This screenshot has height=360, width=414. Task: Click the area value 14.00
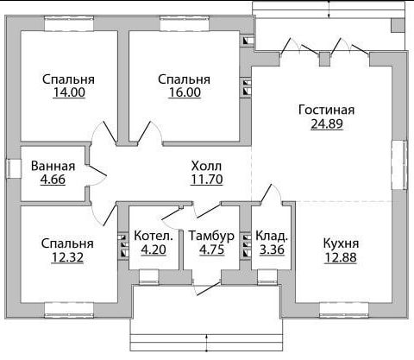69,92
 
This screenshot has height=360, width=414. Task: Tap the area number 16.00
185,92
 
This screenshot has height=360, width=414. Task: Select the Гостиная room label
327,110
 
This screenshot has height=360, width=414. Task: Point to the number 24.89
327,123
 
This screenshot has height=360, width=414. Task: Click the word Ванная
53,166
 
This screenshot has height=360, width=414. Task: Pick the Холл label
206,166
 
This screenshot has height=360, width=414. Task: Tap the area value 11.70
207,180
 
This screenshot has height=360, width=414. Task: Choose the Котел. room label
154,236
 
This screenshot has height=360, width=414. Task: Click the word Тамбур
211,236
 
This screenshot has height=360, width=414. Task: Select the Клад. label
272,236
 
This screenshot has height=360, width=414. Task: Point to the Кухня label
341,243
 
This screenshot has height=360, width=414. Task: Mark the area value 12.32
67,257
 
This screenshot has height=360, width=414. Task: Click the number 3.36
272,249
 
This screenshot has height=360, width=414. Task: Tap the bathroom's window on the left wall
14,168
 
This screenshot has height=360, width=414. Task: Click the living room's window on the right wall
399,165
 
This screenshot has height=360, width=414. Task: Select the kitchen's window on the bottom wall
344,311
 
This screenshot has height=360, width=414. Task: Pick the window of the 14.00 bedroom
69,23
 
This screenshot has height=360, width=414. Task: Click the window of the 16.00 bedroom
185,23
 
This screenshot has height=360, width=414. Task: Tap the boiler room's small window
149,277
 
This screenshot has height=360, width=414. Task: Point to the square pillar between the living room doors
325,60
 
